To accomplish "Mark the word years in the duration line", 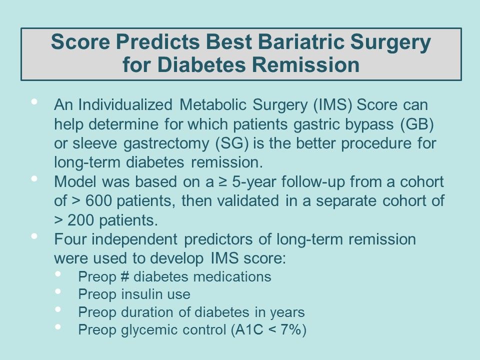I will [287, 312].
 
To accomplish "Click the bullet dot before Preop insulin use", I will [58, 292].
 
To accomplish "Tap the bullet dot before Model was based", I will [34, 178].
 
